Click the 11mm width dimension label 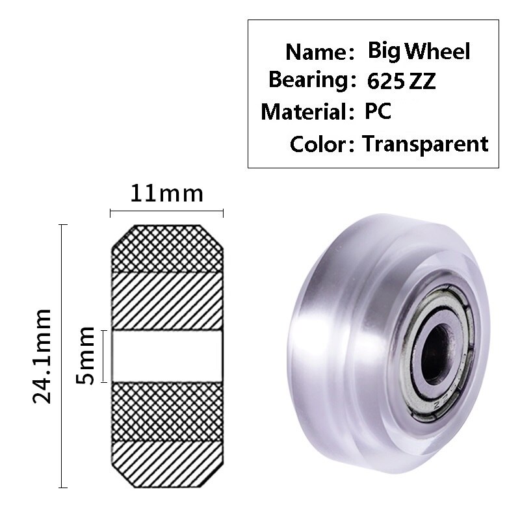tap(167, 194)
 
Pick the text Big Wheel tap(419, 51)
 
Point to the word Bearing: tap(308, 81)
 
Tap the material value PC tap(377, 111)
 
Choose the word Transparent tap(425, 143)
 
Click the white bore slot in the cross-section tap(167, 356)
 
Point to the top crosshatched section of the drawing tap(167, 248)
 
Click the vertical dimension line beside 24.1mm tap(62, 356)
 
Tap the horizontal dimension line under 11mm tap(167, 212)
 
